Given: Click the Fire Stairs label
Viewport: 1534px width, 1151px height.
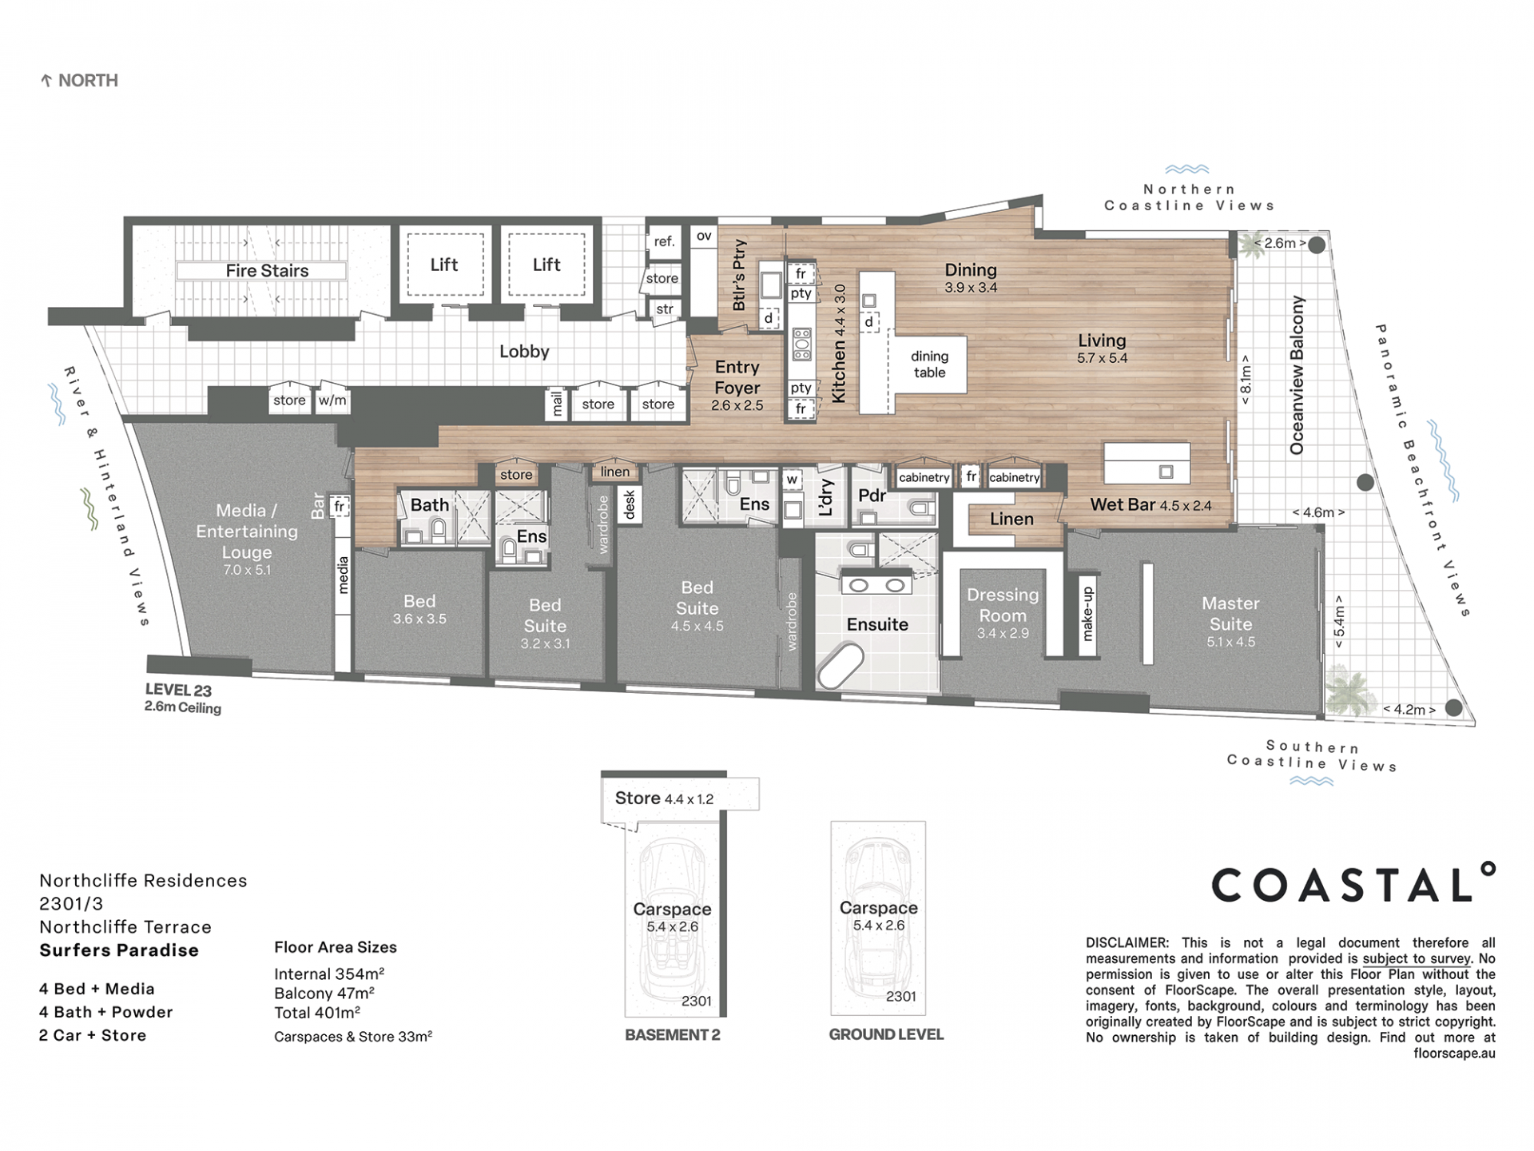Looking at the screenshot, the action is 267,271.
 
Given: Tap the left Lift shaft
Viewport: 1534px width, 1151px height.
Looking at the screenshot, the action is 444,265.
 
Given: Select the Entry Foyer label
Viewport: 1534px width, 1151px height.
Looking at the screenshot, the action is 737,377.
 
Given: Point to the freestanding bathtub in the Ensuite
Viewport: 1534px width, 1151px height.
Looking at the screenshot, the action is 840,666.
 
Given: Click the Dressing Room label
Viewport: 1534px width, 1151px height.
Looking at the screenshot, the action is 1003,605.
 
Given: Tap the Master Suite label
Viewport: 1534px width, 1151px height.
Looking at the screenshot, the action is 1230,613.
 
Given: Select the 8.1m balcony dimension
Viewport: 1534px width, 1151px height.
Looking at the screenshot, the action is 1246,380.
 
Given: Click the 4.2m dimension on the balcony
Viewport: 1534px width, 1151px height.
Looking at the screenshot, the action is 1409,709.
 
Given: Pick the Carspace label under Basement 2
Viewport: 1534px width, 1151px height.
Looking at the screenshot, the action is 672,909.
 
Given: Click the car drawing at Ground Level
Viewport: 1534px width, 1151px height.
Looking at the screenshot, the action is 878,919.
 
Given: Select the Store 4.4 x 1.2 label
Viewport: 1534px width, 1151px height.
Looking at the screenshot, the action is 664,799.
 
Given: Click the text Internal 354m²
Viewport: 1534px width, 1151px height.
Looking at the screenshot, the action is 329,974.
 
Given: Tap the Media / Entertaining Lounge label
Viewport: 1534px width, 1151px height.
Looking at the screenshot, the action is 247,531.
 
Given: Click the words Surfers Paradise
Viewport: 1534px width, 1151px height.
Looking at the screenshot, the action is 119,950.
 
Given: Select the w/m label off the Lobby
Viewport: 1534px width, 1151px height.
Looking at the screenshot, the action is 332,400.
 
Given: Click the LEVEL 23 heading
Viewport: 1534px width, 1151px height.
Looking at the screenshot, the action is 178,690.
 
